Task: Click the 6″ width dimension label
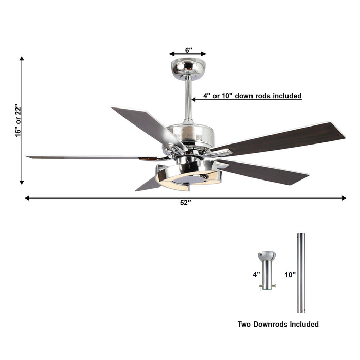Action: (x=188, y=50)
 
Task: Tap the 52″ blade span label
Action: (x=185, y=203)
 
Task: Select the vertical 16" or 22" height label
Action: (x=17, y=120)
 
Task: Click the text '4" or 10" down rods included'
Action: (x=252, y=96)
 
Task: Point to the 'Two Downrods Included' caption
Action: (x=278, y=324)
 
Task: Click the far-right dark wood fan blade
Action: (x=288, y=136)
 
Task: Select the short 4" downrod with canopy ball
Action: (x=266, y=270)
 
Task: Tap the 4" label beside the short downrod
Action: (x=256, y=275)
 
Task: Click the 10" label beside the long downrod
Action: (x=290, y=275)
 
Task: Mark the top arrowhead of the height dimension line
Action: (x=22, y=60)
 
